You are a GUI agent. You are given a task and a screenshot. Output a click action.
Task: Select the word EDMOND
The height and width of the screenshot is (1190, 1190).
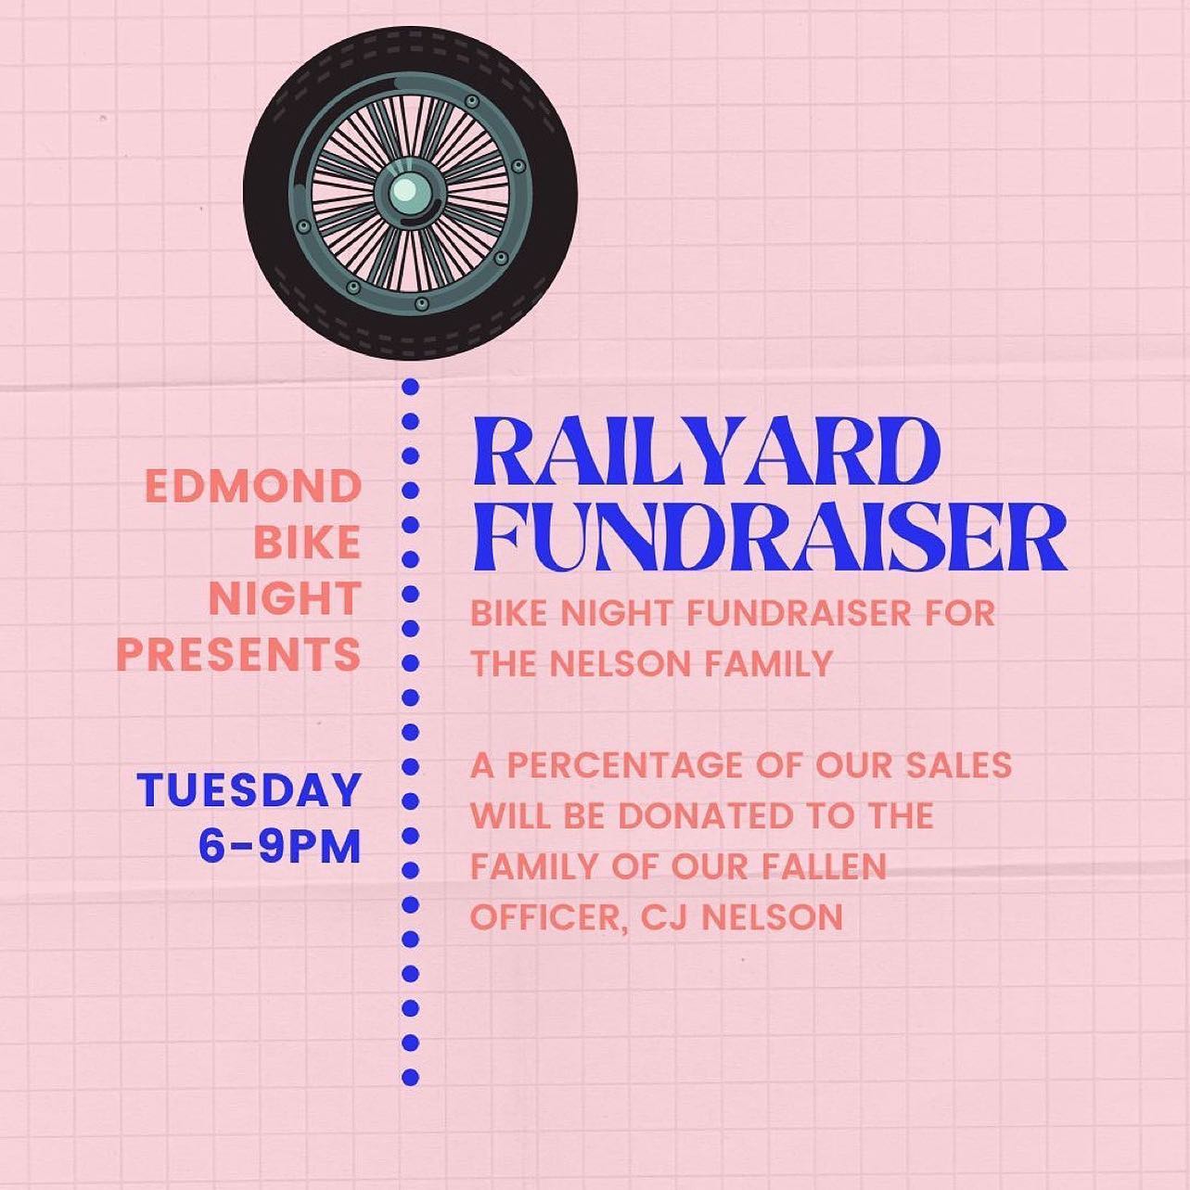click(x=252, y=487)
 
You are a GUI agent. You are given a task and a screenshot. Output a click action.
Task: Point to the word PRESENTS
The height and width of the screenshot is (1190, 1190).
click(x=238, y=654)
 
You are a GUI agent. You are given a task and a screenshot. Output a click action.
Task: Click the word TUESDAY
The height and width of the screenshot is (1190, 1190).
click(x=249, y=790)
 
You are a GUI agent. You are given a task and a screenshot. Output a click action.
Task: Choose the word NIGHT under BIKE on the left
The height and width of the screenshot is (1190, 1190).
click(x=285, y=598)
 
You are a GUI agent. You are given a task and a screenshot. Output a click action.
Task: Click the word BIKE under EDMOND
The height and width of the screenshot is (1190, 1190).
click(x=307, y=543)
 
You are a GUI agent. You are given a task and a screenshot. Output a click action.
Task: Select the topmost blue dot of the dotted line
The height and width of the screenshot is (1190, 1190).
click(x=410, y=388)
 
